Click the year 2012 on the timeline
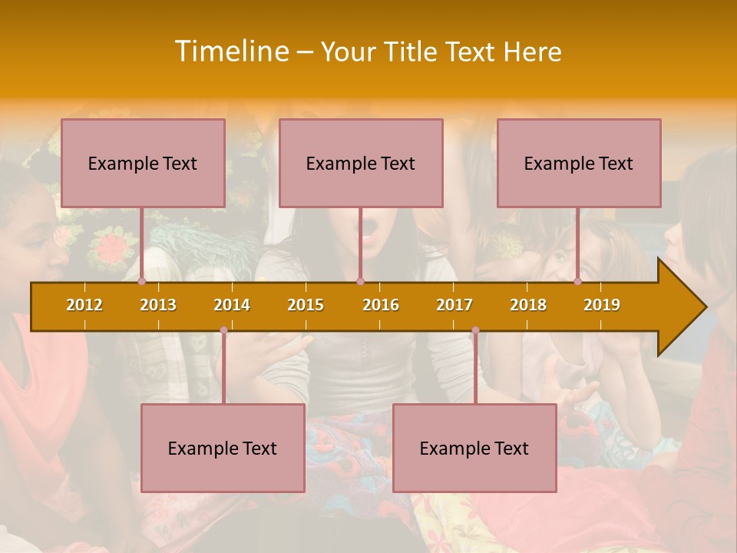[84, 305]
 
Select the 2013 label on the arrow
[158, 305]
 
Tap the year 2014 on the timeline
[232, 305]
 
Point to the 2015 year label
[306, 305]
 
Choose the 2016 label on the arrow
[381, 305]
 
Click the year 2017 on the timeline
[454, 305]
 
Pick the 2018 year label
[528, 305]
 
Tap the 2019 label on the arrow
[602, 305]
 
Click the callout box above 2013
[143, 163]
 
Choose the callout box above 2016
[361, 163]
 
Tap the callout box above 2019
[579, 163]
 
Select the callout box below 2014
[223, 448]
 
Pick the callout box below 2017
[474, 448]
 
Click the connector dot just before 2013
[142, 281]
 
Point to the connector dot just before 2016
[360, 281]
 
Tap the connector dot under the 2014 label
[223, 330]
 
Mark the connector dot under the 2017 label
[475, 330]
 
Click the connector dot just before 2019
[578, 281]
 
